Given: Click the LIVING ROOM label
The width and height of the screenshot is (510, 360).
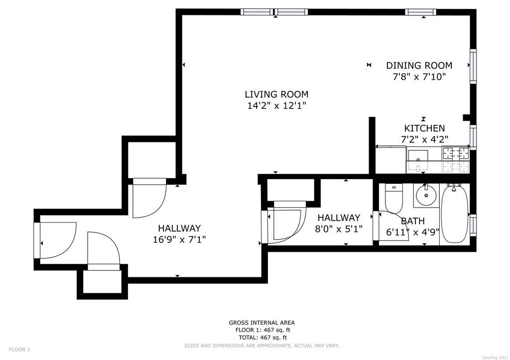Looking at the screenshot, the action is point(276,94).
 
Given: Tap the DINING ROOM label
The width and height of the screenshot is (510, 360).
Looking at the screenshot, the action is point(419,65).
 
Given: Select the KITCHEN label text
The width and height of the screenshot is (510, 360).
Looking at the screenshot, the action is point(424,128).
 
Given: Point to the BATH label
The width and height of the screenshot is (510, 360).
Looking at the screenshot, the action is point(413,221).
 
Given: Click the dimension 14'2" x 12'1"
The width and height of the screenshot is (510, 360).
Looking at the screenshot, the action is point(277,106).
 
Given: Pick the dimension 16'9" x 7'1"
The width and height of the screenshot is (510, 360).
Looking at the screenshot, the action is point(179,240).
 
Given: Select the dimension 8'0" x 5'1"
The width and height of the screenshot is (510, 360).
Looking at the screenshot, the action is point(339,229).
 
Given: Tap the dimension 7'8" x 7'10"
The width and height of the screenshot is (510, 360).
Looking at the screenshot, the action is point(419,77).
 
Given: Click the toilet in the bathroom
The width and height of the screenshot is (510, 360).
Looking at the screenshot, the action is point(393,198).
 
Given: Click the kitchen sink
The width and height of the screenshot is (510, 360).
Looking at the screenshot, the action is point(418,159).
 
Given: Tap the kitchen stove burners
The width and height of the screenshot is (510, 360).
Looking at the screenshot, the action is point(455,159).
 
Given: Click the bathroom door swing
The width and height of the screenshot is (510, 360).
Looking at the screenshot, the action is point(394,226).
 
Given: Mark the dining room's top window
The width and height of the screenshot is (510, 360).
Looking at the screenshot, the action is point(420,12).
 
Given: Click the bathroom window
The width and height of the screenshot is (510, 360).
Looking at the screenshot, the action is point(473,225).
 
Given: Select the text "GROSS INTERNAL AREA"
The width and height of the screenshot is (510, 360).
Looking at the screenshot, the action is point(262,323).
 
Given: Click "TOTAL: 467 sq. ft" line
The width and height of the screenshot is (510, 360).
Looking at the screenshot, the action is point(263,337).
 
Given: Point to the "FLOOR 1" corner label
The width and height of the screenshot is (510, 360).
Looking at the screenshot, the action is point(19,350).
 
